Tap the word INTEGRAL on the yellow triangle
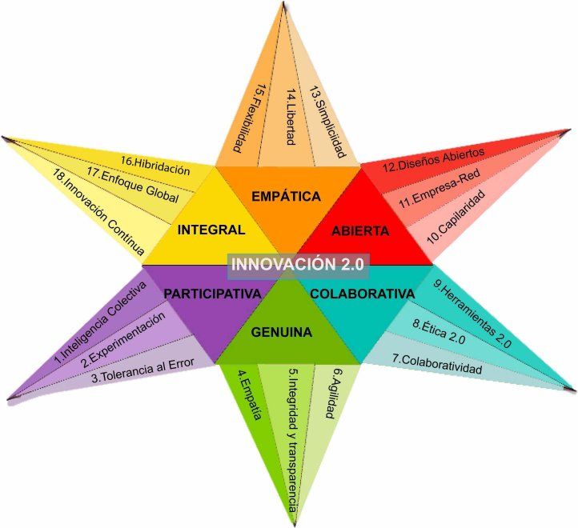[x=211, y=230]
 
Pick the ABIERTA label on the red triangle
[x=359, y=230]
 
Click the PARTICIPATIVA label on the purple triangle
[x=212, y=294]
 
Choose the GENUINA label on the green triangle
[x=281, y=331]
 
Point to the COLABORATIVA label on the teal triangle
[x=362, y=294]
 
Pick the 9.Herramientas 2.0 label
[x=472, y=314]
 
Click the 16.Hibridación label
[x=155, y=165]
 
